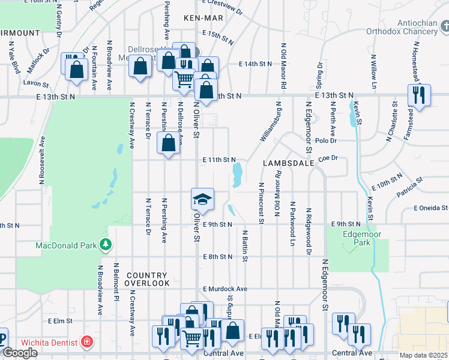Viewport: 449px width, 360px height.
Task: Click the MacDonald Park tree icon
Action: [x=106, y=245]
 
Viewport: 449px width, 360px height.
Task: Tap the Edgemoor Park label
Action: [x=357, y=239]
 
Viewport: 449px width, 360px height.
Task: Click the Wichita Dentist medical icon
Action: [x=88, y=343]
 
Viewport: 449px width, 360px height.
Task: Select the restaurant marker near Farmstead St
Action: [x=418, y=95]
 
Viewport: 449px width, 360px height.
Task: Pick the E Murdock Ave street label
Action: [x=225, y=289]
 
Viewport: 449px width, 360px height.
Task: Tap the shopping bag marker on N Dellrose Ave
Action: [x=167, y=143]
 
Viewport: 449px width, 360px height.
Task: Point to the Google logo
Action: [x=20, y=353]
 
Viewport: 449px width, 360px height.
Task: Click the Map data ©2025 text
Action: [x=424, y=355]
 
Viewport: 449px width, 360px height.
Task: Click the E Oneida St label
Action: [x=430, y=208]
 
